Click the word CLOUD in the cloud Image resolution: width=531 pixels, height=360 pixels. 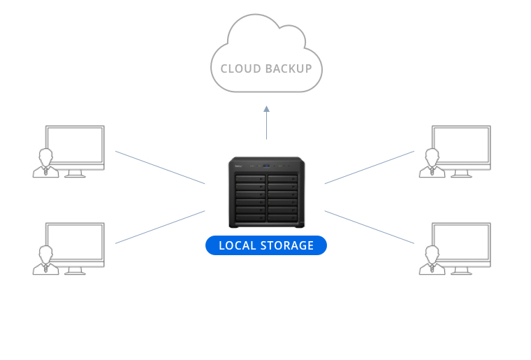click(x=240, y=69)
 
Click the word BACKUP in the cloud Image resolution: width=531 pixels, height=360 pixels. click(x=288, y=69)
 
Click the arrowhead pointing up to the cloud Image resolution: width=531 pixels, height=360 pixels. click(x=266, y=110)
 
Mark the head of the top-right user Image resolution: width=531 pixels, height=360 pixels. click(x=432, y=155)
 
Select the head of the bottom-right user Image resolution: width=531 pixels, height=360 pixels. click(x=432, y=252)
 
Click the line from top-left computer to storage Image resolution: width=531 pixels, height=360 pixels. click(x=160, y=168)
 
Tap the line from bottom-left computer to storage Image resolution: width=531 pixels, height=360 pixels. click(x=160, y=226)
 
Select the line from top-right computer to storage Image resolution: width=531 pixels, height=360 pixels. click(x=370, y=167)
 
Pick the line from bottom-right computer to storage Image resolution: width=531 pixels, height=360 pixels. click(x=370, y=226)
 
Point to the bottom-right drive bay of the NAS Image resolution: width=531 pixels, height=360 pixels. click(x=282, y=219)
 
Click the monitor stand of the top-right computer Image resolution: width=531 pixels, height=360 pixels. click(x=461, y=173)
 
